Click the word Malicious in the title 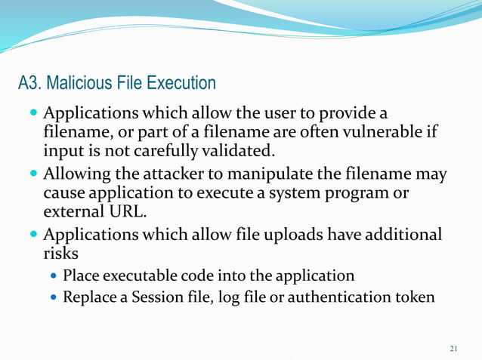(81, 82)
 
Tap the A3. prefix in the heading (31, 82)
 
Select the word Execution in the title (181, 82)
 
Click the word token (414, 297)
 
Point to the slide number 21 (453, 348)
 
